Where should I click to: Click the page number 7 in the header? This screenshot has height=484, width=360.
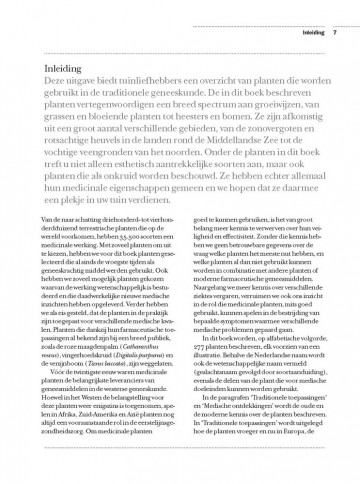335,13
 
